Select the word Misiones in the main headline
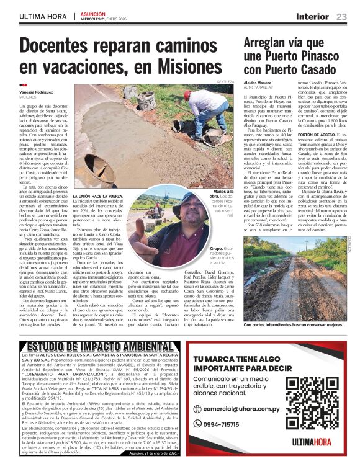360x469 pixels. click(x=188, y=65)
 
